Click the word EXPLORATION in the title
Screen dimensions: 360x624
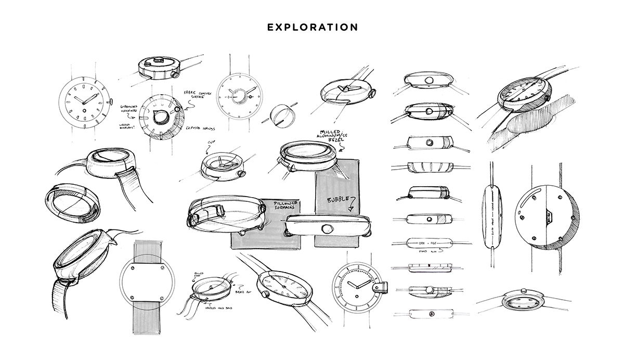coord(312,27)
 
